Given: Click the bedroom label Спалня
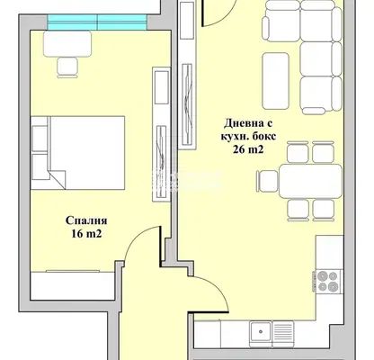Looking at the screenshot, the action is click(86, 221).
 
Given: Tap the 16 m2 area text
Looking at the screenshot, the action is click(86, 234).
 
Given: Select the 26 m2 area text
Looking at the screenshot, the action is click(248, 149).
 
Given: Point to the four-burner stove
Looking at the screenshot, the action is click(327, 281).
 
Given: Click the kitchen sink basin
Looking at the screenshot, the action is click(261, 331).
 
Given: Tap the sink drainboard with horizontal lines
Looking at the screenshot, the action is click(283, 331).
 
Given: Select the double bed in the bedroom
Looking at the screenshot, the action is click(78, 153).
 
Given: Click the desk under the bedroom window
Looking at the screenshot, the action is click(67, 44).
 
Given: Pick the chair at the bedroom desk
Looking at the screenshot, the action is click(67, 67).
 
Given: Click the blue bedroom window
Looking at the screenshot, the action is click(97, 22).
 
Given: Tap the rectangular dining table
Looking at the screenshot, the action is click(310, 181).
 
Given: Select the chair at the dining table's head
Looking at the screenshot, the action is click(267, 181).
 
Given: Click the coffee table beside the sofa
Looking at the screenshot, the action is click(276, 81).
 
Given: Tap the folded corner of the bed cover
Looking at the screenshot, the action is click(58, 179).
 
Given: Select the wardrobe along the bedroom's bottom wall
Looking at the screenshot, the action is click(72, 285).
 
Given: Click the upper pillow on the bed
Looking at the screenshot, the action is click(40, 139).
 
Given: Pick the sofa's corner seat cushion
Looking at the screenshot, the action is click(317, 21).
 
